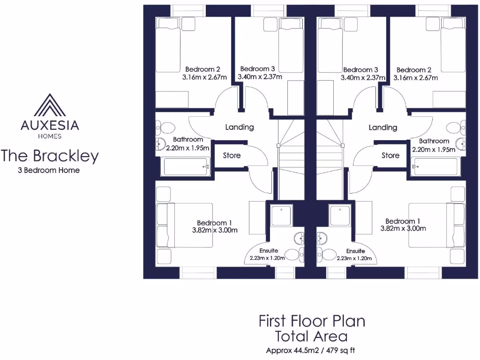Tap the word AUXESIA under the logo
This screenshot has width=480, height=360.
50,125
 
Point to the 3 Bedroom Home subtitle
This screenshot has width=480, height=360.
49,170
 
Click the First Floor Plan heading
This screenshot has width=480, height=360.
312,321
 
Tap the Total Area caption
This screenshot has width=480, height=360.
312,336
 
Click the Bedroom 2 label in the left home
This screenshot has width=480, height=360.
202,69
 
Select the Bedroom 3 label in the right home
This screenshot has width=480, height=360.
360,69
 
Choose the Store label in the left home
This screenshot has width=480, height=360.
232,156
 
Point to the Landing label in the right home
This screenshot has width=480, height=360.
383,127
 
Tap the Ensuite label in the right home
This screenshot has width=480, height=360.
356,251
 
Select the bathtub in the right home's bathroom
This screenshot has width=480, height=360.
435,166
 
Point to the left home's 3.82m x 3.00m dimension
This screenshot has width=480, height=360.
215,230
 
